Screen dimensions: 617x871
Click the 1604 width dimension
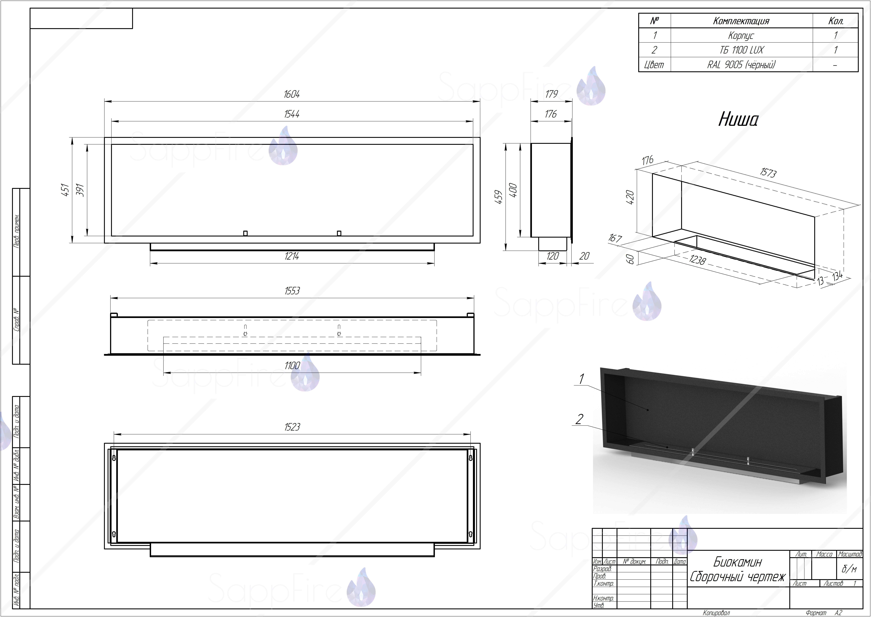[x=291, y=94]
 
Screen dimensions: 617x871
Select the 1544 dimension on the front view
[x=291, y=114]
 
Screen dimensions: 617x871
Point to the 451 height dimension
[x=65, y=190]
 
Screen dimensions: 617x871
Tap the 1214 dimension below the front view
[x=291, y=256]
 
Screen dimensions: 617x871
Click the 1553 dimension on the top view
[x=292, y=291]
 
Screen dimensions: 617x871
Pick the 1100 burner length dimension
[x=292, y=366]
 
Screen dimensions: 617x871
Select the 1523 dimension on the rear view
[x=292, y=427]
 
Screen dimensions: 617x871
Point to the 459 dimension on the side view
[x=499, y=197]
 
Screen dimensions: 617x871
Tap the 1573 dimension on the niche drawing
[x=768, y=173]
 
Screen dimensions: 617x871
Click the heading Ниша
[x=738, y=119]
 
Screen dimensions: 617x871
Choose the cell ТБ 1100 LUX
[x=741, y=50]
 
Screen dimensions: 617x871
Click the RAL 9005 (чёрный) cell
[x=741, y=65]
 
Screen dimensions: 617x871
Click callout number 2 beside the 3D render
[x=579, y=419]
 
